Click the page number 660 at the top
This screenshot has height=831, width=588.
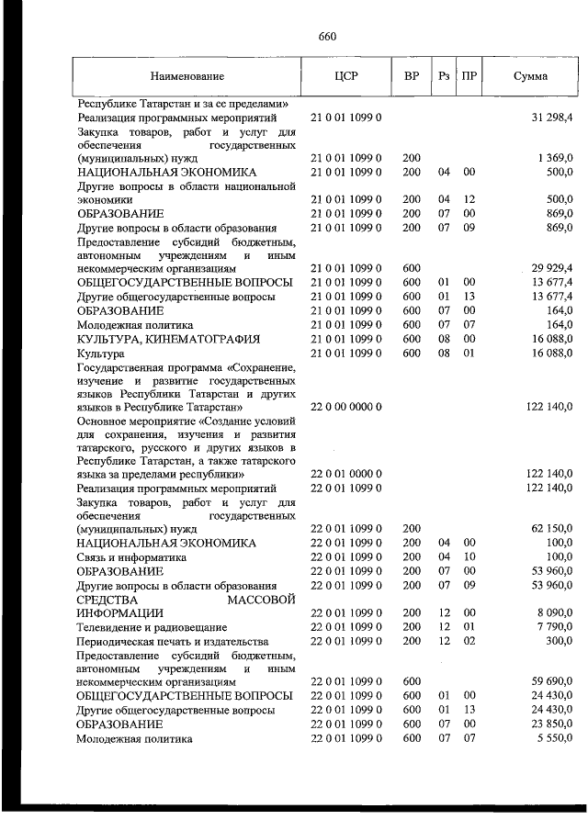328,37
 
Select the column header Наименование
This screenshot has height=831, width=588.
187,77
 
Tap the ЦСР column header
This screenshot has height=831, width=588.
347,77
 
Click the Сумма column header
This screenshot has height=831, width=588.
530,77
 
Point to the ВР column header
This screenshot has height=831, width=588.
412,77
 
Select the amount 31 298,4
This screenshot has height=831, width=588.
552,118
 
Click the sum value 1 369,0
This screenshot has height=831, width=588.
556,158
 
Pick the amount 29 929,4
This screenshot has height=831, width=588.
551,267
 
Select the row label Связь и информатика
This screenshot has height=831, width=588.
132,556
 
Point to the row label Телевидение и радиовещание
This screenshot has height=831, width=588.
154,626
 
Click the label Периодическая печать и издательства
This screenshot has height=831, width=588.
173,640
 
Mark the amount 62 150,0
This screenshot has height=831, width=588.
552,529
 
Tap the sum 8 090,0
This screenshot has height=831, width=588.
555,612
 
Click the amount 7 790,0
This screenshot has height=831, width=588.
555,626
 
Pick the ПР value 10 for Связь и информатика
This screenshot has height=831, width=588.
469,556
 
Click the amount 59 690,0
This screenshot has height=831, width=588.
552,682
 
